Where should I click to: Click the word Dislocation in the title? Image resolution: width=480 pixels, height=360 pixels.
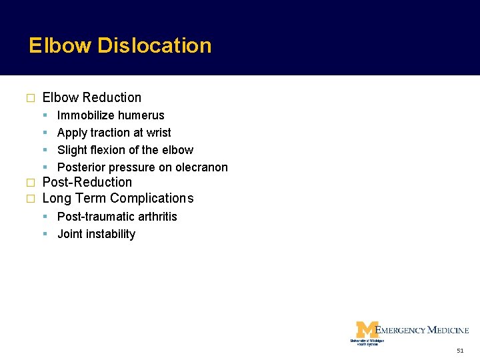[155, 45]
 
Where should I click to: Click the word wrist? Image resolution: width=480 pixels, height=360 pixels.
[158, 133]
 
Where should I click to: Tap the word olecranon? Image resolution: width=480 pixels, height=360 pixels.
[201, 167]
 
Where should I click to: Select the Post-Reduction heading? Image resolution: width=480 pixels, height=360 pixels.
[87, 182]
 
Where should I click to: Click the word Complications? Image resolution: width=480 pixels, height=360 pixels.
[152, 198]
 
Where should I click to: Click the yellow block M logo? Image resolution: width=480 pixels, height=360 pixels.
[367, 330]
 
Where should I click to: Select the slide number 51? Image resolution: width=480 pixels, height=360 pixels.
[460, 351]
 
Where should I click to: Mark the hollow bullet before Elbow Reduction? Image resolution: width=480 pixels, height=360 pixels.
[29, 98]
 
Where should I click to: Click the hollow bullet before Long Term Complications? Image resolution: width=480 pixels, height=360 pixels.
[29, 199]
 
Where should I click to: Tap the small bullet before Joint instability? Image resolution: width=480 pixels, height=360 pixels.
[45, 234]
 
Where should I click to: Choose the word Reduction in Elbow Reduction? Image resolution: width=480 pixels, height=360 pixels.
[112, 97]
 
